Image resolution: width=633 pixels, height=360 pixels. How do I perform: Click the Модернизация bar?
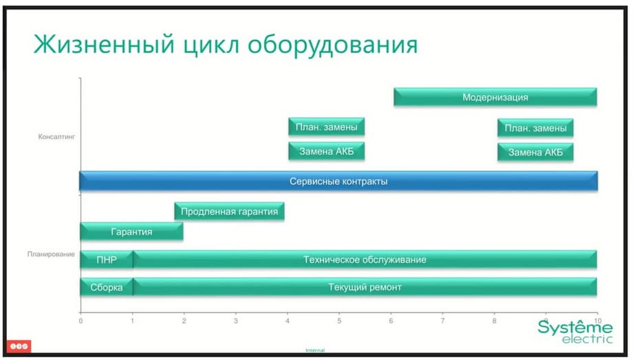click(495, 97)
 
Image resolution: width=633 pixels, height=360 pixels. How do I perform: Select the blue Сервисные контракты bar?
click(339, 181)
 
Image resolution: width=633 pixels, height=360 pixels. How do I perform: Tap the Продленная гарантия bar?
click(229, 211)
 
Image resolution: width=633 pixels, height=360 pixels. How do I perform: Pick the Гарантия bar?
click(131, 231)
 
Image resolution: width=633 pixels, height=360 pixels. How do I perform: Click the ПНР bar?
click(107, 260)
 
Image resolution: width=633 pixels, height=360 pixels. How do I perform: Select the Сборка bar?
click(107, 287)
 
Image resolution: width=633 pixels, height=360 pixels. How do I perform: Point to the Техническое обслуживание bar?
click(365, 260)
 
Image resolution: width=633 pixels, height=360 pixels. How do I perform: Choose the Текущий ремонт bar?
click(365, 287)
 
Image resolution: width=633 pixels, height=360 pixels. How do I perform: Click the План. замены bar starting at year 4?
click(326, 127)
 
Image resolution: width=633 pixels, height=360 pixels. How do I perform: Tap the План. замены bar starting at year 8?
click(535, 128)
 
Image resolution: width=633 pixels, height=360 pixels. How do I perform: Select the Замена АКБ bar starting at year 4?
click(326, 151)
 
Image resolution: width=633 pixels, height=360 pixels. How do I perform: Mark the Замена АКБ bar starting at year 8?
click(535, 152)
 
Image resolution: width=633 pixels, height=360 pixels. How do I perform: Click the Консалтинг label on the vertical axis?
click(56, 137)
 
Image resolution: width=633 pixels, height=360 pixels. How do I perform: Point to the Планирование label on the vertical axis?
click(51, 254)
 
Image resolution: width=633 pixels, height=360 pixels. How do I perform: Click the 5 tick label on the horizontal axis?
click(339, 321)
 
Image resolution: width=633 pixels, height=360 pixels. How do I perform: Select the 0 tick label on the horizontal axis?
click(81, 321)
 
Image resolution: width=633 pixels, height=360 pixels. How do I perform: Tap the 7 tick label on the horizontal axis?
click(442, 321)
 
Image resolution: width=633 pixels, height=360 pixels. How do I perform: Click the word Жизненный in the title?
click(104, 43)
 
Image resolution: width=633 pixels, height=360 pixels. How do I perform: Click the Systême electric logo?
click(575, 331)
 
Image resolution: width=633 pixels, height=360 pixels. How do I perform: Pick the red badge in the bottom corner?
click(19, 346)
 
